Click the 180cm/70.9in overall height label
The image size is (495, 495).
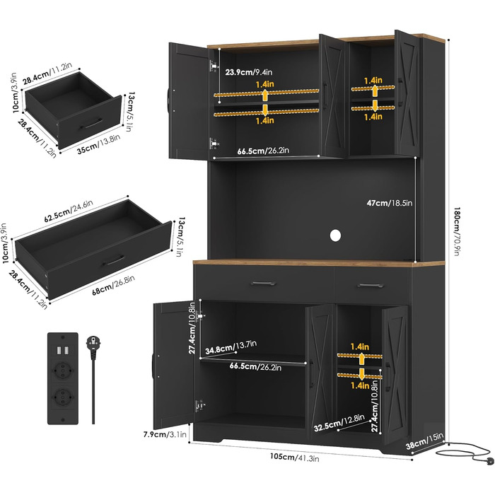coord(457,231)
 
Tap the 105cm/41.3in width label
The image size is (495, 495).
coord(294,458)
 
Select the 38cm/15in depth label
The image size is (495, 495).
coord(424,441)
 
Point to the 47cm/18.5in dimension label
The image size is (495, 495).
coord(390,203)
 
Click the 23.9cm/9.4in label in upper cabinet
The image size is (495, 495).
coord(248,72)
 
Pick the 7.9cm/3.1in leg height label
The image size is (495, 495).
coord(165,434)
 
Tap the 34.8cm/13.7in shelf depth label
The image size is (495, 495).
coord(231,347)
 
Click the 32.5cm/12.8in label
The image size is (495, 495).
coord(339,423)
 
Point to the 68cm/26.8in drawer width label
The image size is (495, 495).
coord(113,285)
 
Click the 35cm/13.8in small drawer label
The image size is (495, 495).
coord(98,144)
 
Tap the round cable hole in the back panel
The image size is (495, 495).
coord(335,235)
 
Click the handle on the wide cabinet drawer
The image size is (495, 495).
coord(263,283)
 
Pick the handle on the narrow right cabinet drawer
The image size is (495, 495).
coord(371,286)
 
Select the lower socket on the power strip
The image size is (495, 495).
coord(62,396)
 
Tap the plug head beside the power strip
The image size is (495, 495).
coord(93,343)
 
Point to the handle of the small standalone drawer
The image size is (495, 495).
coord(91,124)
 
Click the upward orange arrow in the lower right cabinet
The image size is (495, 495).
coord(361,359)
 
